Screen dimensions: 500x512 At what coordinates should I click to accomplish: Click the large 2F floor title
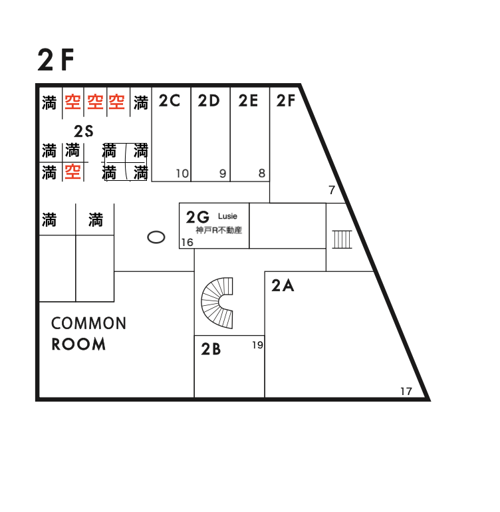tap(56, 59)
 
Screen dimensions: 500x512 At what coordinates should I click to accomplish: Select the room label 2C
tap(170, 100)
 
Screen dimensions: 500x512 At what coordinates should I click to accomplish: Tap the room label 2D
tap(209, 100)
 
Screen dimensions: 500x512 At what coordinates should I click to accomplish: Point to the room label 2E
tap(248, 100)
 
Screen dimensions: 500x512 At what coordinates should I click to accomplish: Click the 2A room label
tap(283, 286)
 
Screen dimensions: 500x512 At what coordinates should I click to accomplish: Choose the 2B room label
tap(211, 349)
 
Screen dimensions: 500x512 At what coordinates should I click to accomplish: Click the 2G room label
tap(197, 217)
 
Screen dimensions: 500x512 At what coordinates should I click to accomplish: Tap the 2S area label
tap(84, 131)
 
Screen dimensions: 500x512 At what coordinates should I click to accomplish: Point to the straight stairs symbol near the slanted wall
tap(342, 239)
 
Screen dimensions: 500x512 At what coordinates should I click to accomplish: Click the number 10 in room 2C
tap(182, 174)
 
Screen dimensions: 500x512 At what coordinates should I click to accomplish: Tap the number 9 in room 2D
tap(223, 174)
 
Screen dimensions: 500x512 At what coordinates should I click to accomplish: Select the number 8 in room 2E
tap(262, 173)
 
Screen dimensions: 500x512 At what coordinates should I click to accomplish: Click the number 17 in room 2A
tap(406, 391)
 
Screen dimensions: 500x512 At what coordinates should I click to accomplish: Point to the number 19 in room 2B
tap(258, 345)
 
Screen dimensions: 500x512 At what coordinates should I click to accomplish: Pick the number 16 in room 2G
tap(187, 242)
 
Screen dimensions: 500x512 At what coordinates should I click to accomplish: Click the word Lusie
tap(227, 216)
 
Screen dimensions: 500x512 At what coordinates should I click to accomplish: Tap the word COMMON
tap(89, 323)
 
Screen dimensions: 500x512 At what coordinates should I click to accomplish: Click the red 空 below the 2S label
tap(72, 172)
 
